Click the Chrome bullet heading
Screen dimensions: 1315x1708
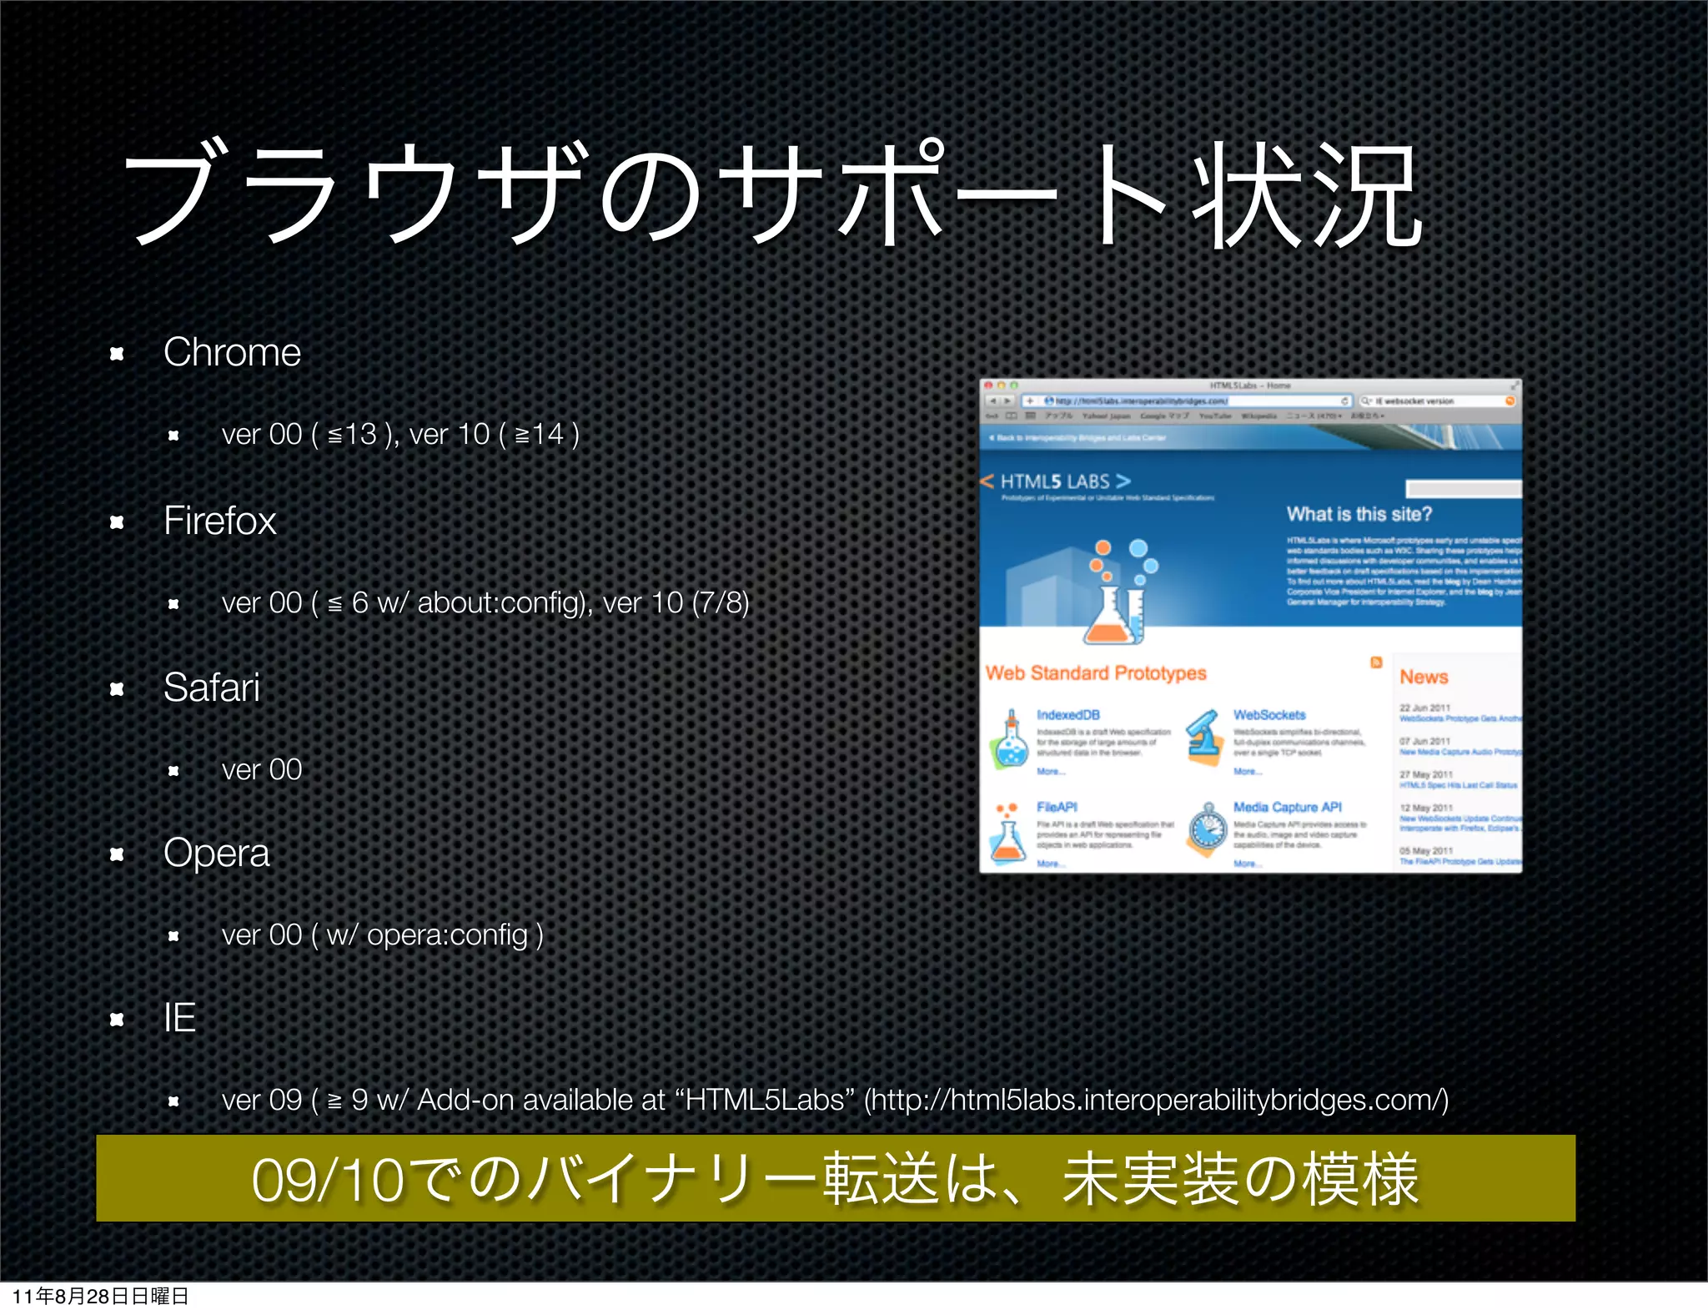tap(232, 352)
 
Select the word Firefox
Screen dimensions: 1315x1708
tap(219, 521)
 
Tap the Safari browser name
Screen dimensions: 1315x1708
tap(212, 688)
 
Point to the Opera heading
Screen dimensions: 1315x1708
tap(217, 853)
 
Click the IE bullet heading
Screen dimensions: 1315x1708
tap(179, 1018)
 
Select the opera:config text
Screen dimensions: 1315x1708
tap(447, 935)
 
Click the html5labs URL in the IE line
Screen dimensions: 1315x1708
tap(1155, 1100)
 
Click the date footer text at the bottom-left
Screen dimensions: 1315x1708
tap(100, 1296)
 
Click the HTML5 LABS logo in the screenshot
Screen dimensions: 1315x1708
tap(1056, 481)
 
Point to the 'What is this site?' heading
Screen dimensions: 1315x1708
tap(1359, 514)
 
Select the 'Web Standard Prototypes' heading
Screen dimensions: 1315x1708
tap(1096, 673)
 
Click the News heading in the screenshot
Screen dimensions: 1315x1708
tap(1424, 677)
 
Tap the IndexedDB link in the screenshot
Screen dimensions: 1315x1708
tap(1068, 715)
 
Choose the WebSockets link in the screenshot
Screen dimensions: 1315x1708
tap(1269, 715)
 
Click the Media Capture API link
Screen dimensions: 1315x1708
tap(1288, 807)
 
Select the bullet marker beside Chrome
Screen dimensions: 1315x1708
tap(117, 354)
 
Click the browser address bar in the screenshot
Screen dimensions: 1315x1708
tap(1184, 401)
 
